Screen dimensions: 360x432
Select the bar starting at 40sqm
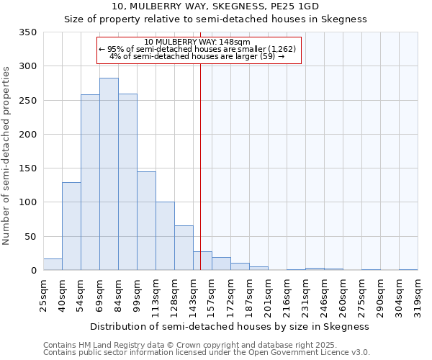(71, 226)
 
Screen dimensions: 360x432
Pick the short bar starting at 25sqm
(53, 264)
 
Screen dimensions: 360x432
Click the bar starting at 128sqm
(184, 248)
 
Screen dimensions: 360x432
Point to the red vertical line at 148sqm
(200, 166)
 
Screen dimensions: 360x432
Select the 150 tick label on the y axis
(27, 168)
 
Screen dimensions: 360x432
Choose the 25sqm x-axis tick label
(43, 293)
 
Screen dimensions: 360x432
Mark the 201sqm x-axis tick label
(268, 294)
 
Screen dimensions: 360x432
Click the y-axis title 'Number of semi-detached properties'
(6, 155)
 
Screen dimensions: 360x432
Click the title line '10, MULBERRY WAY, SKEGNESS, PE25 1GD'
(215, 6)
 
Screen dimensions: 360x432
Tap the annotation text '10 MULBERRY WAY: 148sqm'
(197, 42)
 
